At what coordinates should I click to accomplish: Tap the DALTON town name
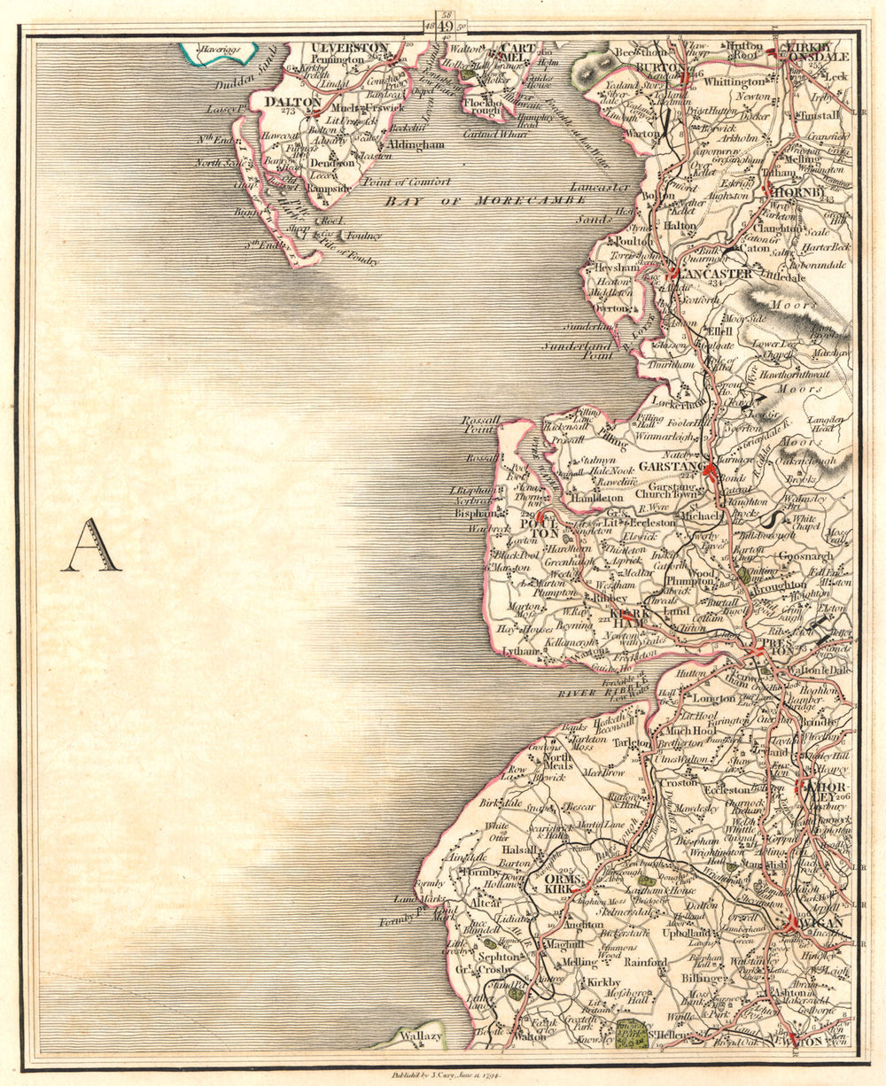pos(291,102)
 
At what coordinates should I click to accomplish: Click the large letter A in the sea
pos(90,547)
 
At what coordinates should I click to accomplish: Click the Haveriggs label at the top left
pos(218,50)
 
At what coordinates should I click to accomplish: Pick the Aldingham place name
pos(413,144)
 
